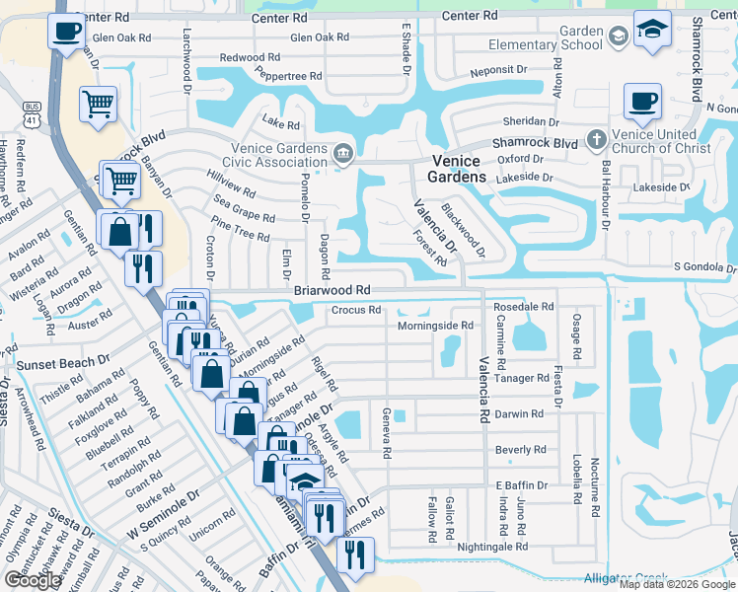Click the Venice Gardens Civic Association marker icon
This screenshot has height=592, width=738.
coord(343,152)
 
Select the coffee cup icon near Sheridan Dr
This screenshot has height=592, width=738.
coord(642,100)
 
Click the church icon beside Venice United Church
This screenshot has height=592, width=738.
coord(597,140)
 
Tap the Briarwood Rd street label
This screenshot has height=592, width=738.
coord(332,290)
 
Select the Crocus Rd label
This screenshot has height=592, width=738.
coord(355,310)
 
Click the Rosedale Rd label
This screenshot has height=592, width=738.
coord(524,307)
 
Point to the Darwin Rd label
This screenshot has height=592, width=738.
coord(519,414)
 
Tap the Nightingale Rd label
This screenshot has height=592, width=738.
coord(493,546)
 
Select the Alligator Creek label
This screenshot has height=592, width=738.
coord(625,577)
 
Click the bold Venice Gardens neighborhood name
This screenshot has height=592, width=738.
coord(456,169)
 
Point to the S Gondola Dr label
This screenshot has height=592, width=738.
coord(704,266)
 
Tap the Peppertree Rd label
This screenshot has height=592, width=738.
coord(289,74)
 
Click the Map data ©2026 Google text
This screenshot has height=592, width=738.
coord(677,584)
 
